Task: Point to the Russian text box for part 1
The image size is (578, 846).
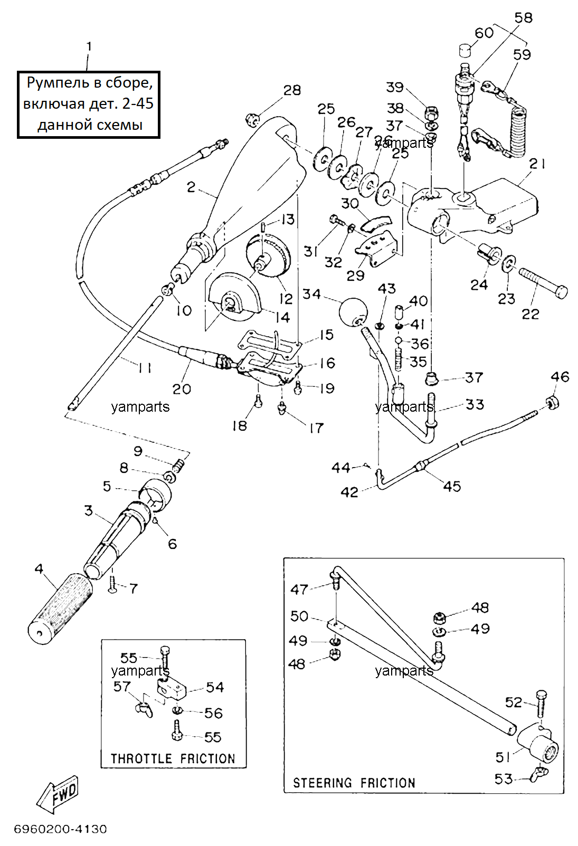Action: pyautogui.click(x=89, y=104)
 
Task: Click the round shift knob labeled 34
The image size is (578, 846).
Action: pyautogui.click(x=353, y=312)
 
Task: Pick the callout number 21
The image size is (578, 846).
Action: pyautogui.click(x=537, y=164)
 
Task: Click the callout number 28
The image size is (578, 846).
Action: pyautogui.click(x=292, y=90)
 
